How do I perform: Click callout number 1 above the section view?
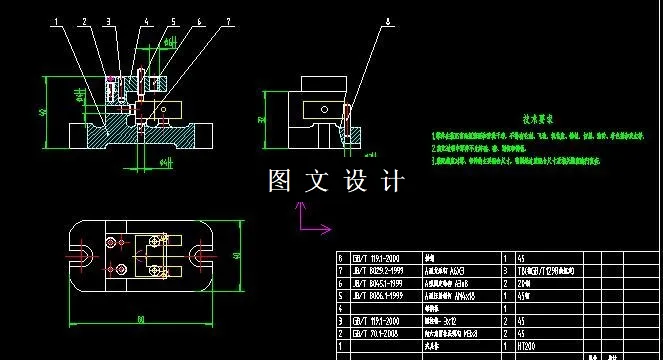pyautogui.click(x=56, y=20)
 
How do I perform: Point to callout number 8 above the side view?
pyautogui.click(x=388, y=20)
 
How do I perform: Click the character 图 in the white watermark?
pyautogui.click(x=281, y=181)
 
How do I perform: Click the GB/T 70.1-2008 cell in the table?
pyautogui.click(x=373, y=333)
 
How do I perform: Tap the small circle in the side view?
pyautogui.click(x=323, y=111)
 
